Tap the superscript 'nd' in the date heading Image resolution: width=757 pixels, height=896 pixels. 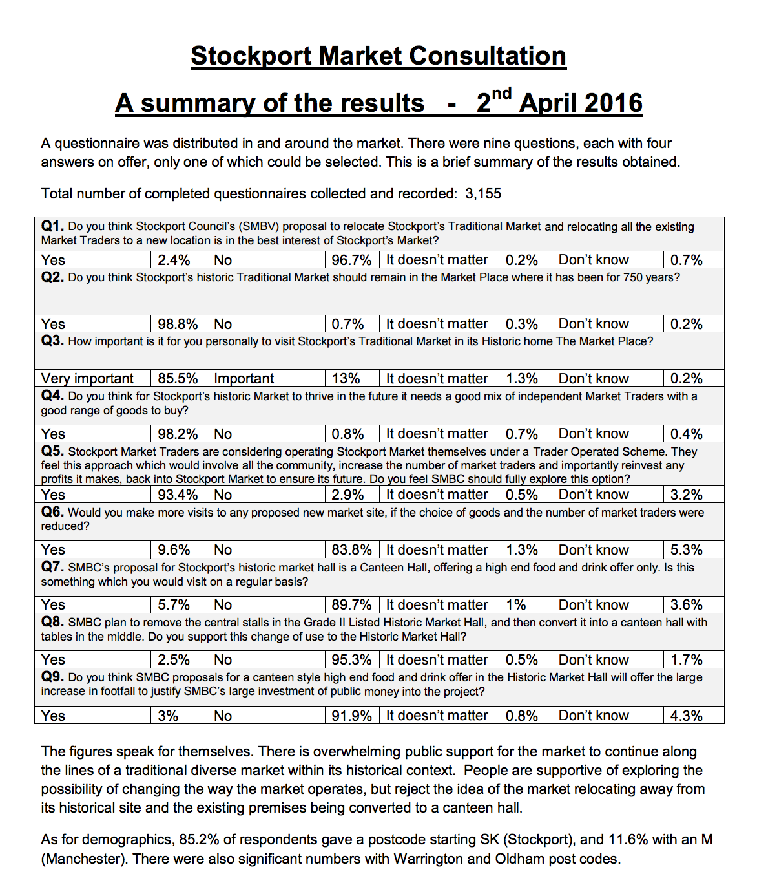501,94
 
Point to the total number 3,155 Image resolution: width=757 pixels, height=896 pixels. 482,194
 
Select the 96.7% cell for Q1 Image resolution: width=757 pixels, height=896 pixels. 351,260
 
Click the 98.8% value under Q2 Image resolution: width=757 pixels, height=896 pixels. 178,324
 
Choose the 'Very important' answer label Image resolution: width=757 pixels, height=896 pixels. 87,379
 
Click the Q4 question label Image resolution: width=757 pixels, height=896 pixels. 52,396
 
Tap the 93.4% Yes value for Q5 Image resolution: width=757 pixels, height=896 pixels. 178,495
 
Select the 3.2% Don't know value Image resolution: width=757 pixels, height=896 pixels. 686,495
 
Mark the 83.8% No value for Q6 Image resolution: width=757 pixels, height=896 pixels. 351,550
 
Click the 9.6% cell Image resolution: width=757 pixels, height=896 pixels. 174,550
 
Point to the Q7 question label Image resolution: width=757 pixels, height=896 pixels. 52,567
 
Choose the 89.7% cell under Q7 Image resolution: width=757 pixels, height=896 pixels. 351,605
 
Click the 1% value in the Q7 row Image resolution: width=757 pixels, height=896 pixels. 516,605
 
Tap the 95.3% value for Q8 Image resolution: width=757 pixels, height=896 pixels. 351,660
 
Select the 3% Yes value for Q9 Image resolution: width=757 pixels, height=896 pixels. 168,716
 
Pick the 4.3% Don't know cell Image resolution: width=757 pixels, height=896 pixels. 686,716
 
